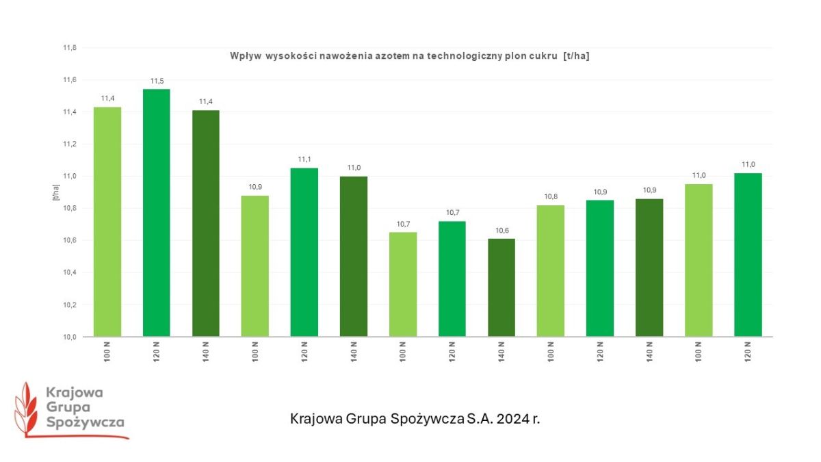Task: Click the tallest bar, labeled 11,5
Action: point(156,212)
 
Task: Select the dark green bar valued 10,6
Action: point(501,287)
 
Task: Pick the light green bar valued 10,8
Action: point(550,270)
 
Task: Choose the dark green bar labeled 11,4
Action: point(205,222)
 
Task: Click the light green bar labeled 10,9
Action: point(255,266)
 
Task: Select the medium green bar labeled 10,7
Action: point(452,279)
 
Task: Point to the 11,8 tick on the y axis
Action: point(70,48)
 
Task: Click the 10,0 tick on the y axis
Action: point(70,337)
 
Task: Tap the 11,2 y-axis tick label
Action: point(70,144)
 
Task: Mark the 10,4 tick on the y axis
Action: point(70,272)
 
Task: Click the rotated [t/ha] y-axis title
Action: point(55,192)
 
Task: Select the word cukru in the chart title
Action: point(544,57)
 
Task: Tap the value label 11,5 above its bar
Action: point(156,81)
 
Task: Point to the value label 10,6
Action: point(501,231)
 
